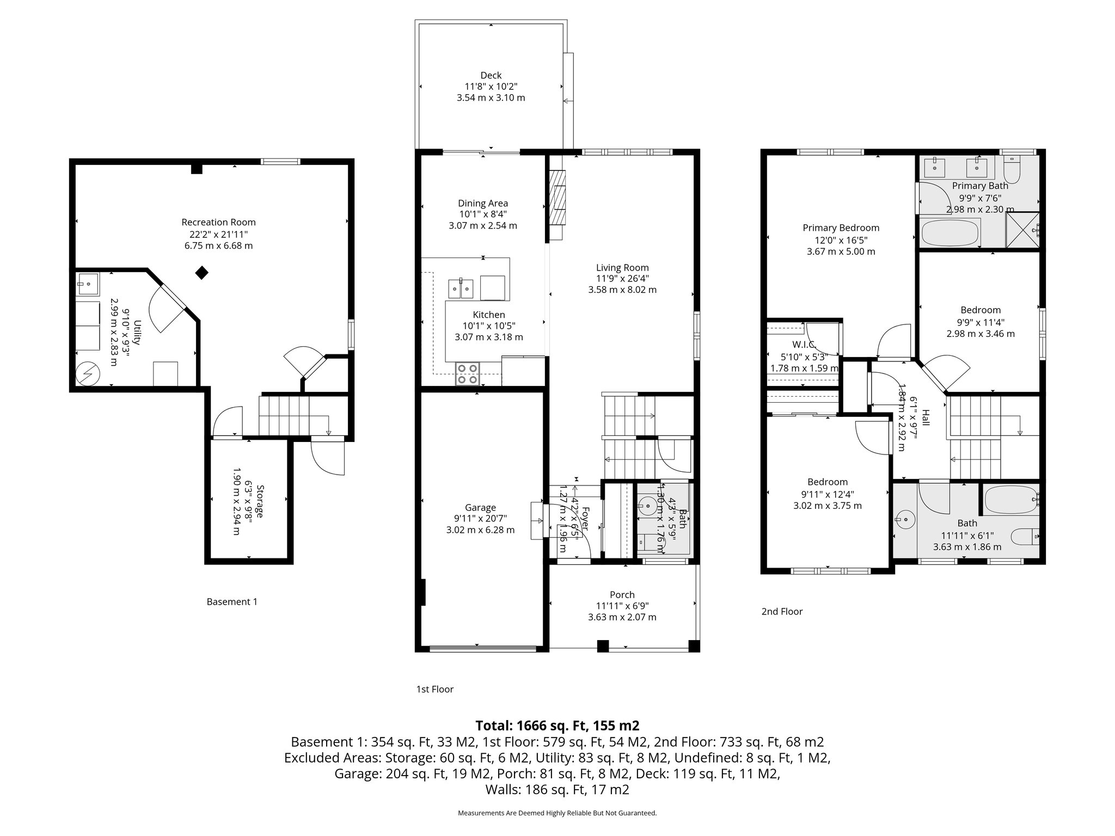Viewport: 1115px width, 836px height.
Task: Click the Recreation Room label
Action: point(218,222)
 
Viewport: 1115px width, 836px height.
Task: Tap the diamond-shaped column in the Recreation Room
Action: point(202,273)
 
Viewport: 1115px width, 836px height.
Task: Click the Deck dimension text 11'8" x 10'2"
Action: point(491,87)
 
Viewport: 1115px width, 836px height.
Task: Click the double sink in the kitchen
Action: point(461,288)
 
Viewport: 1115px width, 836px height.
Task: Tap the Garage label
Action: point(480,507)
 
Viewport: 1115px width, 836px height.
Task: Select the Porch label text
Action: point(622,594)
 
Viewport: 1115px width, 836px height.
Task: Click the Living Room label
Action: point(622,267)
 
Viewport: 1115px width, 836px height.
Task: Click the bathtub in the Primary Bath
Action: point(949,232)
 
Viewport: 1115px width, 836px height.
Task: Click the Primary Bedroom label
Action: point(841,228)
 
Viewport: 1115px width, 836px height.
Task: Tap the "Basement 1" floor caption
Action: point(232,601)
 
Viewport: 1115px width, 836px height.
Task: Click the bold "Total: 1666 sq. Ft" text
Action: point(557,725)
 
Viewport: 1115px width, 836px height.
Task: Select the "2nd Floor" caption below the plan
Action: point(782,611)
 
